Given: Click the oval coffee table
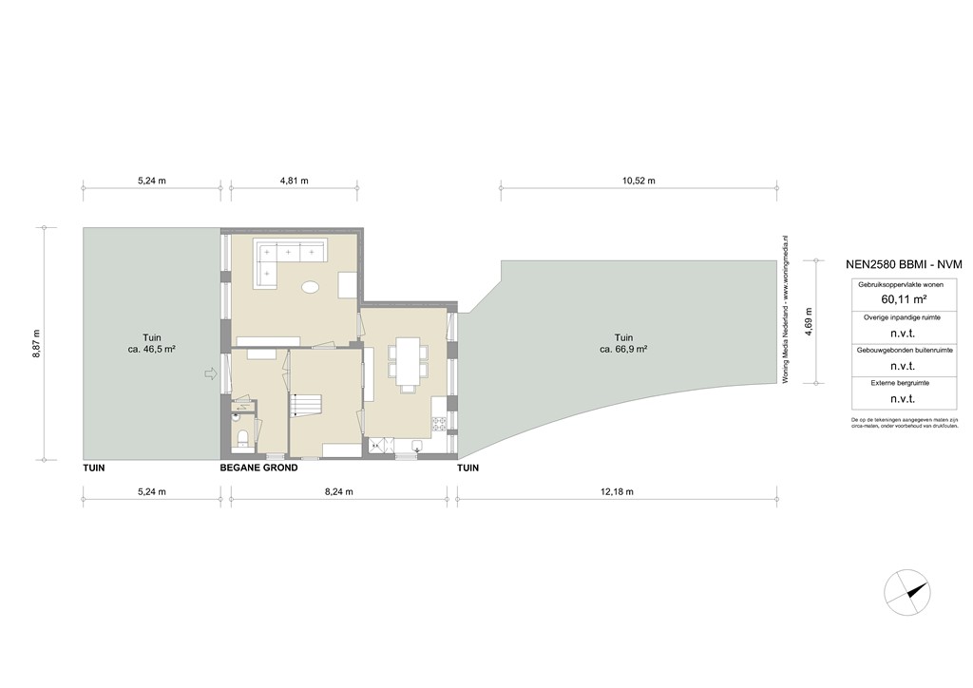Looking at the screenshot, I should tap(310, 286).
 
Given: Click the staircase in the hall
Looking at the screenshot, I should tap(305, 407).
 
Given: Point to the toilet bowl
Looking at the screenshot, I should tap(243, 436).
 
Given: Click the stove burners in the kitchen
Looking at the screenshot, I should tap(439, 425).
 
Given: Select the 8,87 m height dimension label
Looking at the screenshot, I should tap(37, 344).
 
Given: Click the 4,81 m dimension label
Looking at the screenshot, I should tap(294, 181).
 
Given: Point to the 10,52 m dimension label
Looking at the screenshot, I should tap(638, 181).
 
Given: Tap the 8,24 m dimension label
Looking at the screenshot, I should tap(339, 491).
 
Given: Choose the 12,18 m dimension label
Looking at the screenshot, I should tap(617, 491).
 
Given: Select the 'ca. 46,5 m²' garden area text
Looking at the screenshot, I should tap(152, 350).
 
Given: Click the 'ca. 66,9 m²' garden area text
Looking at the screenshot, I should tap(623, 350).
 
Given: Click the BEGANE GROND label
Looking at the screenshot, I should tap(258, 468).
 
